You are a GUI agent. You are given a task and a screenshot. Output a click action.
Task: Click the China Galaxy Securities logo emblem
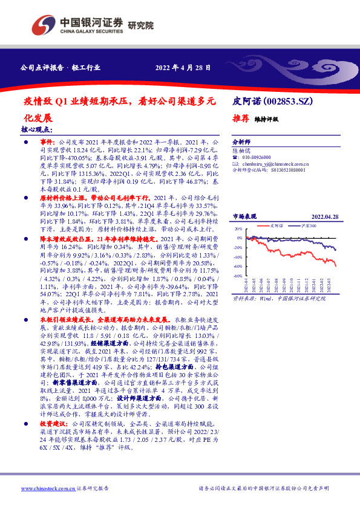44,25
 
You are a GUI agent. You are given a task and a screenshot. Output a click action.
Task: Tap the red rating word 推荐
241,119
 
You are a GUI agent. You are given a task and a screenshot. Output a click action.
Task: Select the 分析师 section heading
242,138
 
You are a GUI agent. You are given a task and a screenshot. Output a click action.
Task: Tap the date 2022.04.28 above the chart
324,216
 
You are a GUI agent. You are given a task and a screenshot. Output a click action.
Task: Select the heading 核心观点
37,129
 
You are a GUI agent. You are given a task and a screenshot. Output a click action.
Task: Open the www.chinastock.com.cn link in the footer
42,488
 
